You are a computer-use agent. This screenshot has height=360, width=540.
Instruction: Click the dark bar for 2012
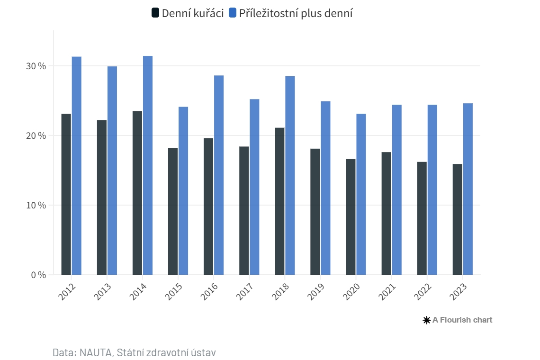[x=66, y=194]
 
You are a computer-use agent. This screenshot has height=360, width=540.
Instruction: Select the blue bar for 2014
[x=148, y=165]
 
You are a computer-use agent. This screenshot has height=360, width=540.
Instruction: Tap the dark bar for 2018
[x=279, y=201]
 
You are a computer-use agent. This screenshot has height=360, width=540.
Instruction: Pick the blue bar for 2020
[x=361, y=194]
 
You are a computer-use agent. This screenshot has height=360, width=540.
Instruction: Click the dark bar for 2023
[x=458, y=219]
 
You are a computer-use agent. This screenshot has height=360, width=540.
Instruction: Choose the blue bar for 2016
[x=219, y=175]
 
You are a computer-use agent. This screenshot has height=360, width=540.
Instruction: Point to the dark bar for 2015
[x=173, y=211]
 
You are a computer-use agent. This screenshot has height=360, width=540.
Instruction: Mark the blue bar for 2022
[x=432, y=190]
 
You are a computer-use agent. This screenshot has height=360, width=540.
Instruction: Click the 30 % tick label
[x=36, y=66]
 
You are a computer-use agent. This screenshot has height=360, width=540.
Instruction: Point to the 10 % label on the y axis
[x=36, y=205]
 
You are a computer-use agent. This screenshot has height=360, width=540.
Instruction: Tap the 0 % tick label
[x=38, y=275]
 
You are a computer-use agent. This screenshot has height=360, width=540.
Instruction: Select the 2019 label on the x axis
[x=316, y=291]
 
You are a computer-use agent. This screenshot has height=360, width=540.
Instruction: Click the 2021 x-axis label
[x=387, y=291]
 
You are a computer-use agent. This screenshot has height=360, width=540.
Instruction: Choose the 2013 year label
[x=103, y=291]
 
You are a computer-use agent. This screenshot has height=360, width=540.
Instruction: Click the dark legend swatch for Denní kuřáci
[x=155, y=13]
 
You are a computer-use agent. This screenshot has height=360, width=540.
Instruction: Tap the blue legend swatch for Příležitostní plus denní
[x=233, y=13]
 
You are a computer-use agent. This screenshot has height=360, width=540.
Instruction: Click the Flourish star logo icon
[x=427, y=320]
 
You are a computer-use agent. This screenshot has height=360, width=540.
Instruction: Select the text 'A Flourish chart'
[x=462, y=320]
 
